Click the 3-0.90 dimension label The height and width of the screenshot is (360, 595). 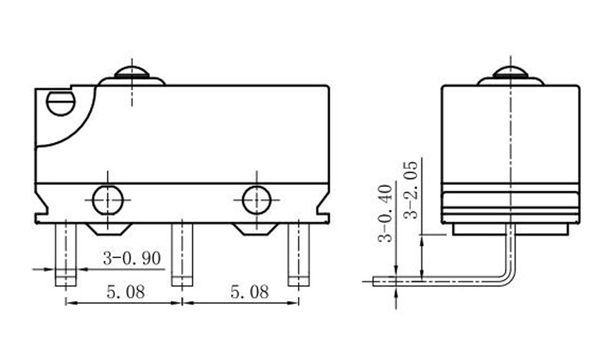[x=131, y=259]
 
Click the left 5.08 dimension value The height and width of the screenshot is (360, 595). [x=125, y=291]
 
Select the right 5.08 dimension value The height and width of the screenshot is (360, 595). [x=248, y=291]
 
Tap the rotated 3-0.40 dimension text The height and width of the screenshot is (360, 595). [x=385, y=213]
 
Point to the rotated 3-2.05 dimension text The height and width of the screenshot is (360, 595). [x=411, y=190]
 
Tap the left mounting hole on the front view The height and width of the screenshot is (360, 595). [x=107, y=201]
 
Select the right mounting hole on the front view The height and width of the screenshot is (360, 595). [x=257, y=201]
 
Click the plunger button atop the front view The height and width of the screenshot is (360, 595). [x=131, y=74]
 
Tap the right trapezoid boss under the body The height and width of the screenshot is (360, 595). [x=256, y=228]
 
